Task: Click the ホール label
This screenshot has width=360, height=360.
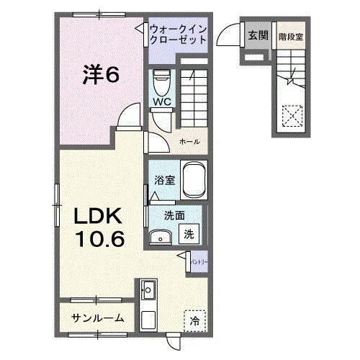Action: (x=189, y=142)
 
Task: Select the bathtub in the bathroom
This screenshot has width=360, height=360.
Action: (x=194, y=179)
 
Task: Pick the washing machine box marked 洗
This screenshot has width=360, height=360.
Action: (x=189, y=233)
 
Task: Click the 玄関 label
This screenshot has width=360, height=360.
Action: (x=257, y=35)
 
